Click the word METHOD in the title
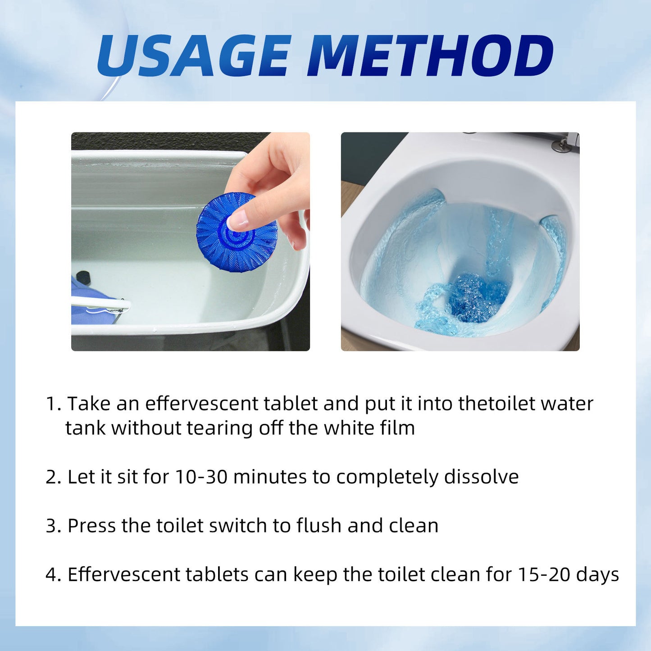[430, 55]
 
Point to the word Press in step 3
[91, 526]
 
